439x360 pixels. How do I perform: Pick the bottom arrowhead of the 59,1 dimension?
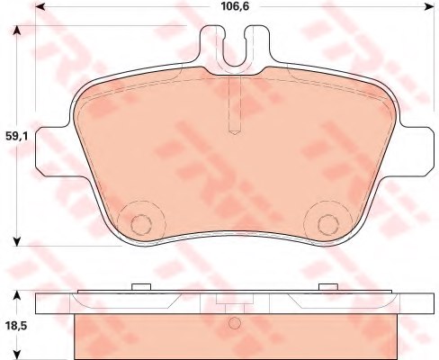(x=18, y=241)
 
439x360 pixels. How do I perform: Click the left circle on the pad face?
(x=141, y=222)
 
